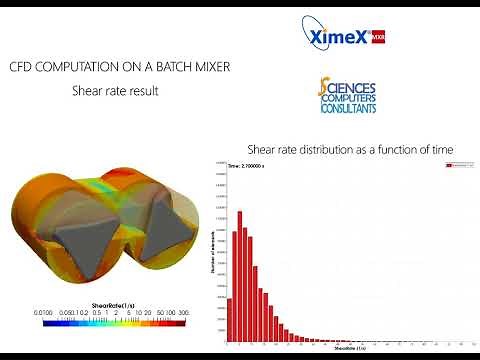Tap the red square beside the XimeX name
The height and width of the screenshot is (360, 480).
(377, 37)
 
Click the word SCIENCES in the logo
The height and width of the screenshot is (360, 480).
(353, 88)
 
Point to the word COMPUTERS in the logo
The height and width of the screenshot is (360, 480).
(349, 99)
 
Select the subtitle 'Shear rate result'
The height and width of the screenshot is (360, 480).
(115, 90)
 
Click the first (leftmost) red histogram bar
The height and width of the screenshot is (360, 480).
(229, 319)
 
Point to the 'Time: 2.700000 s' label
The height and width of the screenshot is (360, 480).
(247, 164)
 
